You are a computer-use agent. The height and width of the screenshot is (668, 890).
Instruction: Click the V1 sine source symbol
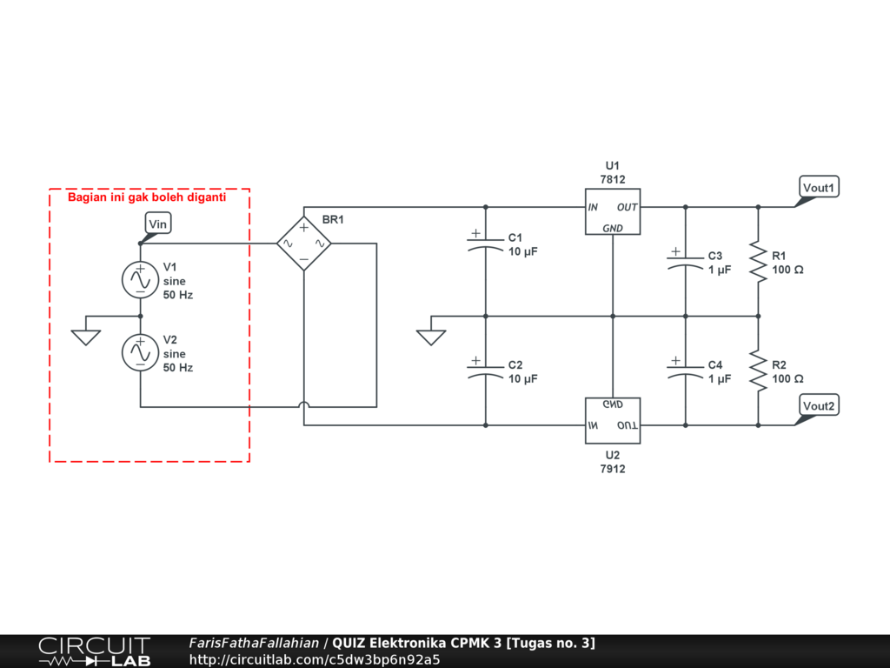tap(140, 279)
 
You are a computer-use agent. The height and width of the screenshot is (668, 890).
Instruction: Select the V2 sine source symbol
tap(140, 352)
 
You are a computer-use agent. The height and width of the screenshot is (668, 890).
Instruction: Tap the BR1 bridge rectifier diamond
tap(304, 244)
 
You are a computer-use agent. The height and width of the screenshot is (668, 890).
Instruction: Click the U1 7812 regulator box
tap(613, 211)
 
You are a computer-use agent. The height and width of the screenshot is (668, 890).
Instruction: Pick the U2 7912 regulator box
tap(613, 420)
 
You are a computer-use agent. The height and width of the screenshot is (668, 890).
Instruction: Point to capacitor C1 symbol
tap(485, 244)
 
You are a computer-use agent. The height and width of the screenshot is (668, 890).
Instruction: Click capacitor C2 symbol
tap(485, 371)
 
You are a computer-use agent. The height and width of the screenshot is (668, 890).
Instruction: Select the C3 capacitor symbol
tap(685, 261)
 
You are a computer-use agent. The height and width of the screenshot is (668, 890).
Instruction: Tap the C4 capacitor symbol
tap(685, 371)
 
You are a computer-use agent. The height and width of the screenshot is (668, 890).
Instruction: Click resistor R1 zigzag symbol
tap(758, 261)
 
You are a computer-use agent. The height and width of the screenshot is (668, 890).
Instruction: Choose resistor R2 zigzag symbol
tap(758, 371)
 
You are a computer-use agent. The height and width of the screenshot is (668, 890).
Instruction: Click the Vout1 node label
tap(819, 188)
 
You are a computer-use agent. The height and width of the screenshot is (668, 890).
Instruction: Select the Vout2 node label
tap(819, 405)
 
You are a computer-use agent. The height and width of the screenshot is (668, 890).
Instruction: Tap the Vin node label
tap(158, 224)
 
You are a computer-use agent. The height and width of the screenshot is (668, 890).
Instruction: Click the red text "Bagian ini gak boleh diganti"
tap(147, 197)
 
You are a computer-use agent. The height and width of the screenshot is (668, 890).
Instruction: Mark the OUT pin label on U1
tap(628, 207)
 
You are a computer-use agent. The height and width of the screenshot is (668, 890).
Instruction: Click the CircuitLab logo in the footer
tap(95, 651)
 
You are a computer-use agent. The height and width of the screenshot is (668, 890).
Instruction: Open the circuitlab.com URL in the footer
tap(315, 659)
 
